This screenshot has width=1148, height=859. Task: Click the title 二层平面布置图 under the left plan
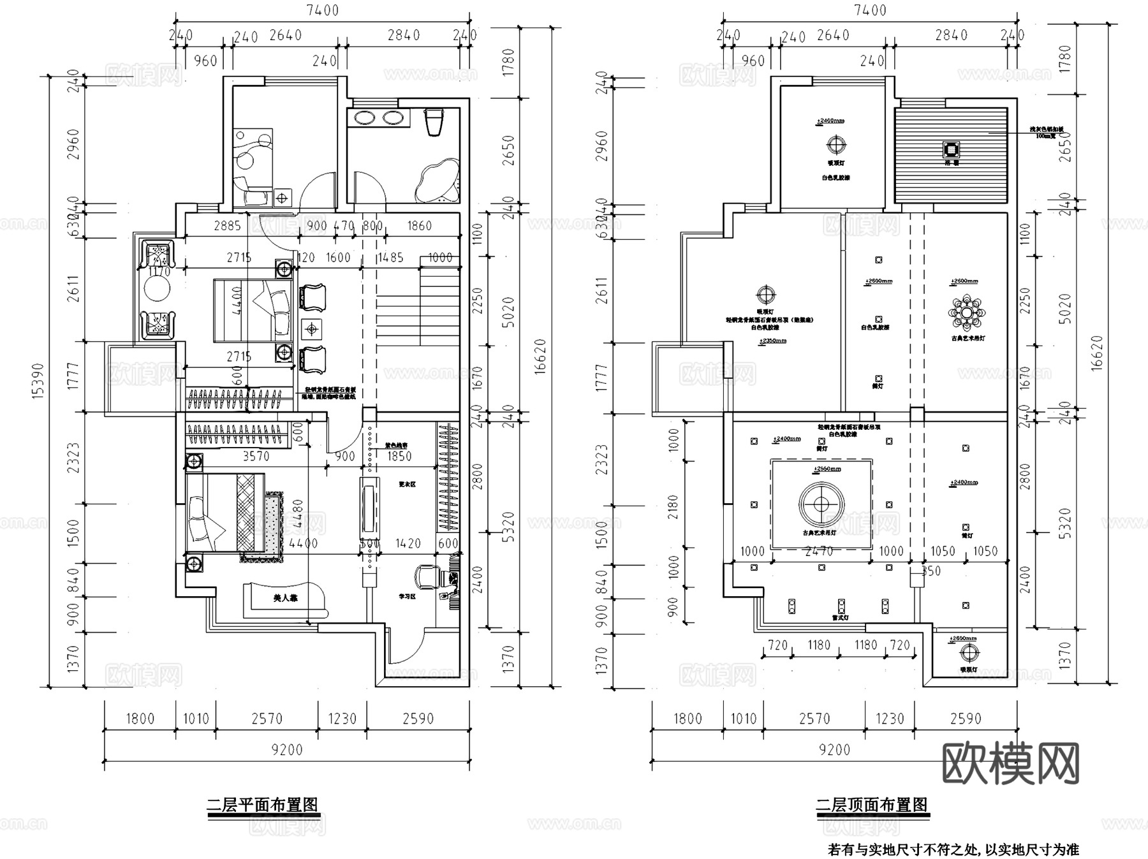tap(262, 805)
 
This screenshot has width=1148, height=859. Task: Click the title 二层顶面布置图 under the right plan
tap(872, 805)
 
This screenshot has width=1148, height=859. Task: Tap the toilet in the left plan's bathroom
tap(434, 121)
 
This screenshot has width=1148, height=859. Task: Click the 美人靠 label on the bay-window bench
tap(285, 598)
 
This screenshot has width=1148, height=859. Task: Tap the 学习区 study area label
tap(407, 596)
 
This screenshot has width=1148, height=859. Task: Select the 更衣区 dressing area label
tap(407, 484)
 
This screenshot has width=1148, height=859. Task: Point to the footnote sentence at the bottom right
tap(953, 849)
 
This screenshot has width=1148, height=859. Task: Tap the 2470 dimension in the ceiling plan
tap(818, 551)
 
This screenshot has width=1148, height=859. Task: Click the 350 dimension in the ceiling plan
tap(931, 571)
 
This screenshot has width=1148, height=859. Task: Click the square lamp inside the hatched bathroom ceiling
tap(951, 150)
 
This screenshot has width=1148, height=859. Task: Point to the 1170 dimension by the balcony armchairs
tap(159, 272)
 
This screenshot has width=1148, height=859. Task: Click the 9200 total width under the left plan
tap(287, 750)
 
